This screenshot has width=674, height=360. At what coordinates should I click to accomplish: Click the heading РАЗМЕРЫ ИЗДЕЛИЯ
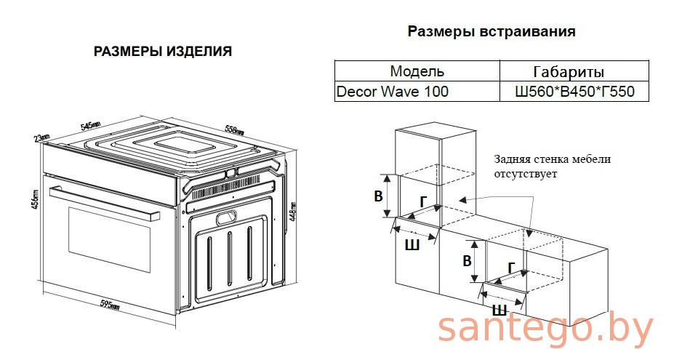(163, 52)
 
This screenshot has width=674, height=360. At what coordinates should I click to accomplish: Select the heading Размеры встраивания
(491, 31)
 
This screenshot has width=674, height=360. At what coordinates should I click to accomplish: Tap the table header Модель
(417, 71)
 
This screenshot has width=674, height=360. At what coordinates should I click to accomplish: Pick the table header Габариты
(569, 72)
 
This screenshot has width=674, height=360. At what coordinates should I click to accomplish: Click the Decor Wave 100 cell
(393, 92)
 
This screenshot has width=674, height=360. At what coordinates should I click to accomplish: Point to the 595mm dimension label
(109, 304)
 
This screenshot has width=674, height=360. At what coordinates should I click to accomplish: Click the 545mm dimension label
(91, 126)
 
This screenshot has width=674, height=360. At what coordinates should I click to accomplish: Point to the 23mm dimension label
(41, 137)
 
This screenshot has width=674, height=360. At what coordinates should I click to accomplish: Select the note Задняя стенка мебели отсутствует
(552, 167)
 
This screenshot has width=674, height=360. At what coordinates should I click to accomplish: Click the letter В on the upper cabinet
(378, 196)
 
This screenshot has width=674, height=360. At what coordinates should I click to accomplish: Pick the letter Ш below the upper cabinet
(412, 245)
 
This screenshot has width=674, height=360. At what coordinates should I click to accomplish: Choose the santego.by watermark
(545, 330)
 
